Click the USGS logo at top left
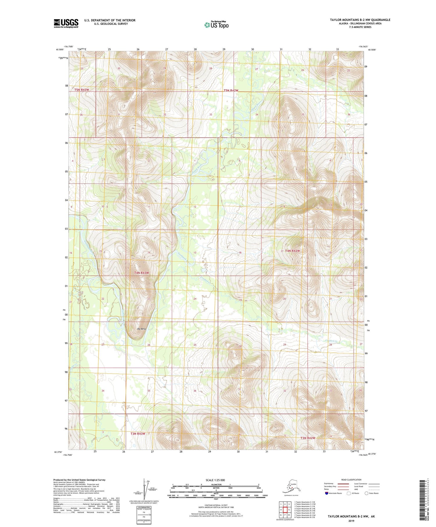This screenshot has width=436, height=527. [x=66, y=23]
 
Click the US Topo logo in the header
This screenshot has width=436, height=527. [x=216, y=25]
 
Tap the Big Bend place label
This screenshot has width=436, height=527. [x=141, y=329]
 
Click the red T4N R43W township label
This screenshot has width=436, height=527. [x=142, y=273]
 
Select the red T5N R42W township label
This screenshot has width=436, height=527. [x=231, y=90]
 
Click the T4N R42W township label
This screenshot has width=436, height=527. [x=292, y=251]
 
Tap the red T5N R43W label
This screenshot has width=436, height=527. [x=81, y=90]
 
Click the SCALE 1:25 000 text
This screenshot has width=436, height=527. [x=216, y=480]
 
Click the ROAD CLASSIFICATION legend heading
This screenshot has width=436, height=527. [x=351, y=480]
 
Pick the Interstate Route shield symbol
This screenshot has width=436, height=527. [x=326, y=493]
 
